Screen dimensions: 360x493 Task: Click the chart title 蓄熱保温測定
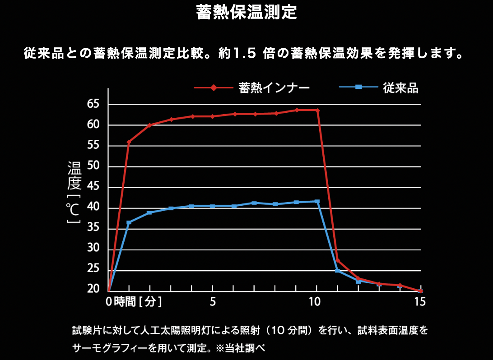pyautogui.click(x=246, y=13)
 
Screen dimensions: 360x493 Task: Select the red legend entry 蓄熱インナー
pyautogui.click(x=274, y=88)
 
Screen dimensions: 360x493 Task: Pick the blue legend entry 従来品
pyautogui.click(x=400, y=88)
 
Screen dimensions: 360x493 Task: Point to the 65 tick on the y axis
pyautogui.click(x=93, y=104)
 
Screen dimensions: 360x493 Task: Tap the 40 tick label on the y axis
pyautogui.click(x=93, y=208)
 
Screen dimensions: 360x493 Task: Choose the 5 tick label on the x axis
pyautogui.click(x=213, y=302)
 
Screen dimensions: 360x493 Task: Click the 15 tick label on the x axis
pyautogui.click(x=419, y=302)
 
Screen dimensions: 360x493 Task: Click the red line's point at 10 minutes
pyautogui.click(x=317, y=110)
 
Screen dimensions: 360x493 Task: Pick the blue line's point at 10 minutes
pyautogui.click(x=317, y=201)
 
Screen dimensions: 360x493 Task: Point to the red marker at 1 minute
pyautogui.click(x=129, y=142)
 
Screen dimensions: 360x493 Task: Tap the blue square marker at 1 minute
pyautogui.click(x=129, y=222)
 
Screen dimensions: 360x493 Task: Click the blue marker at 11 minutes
pyautogui.click(x=337, y=271)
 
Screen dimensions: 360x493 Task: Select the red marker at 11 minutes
pyautogui.click(x=338, y=261)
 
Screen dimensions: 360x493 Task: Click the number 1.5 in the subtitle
pyautogui.click(x=244, y=54)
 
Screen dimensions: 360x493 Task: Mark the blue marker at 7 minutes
pyautogui.click(x=254, y=203)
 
